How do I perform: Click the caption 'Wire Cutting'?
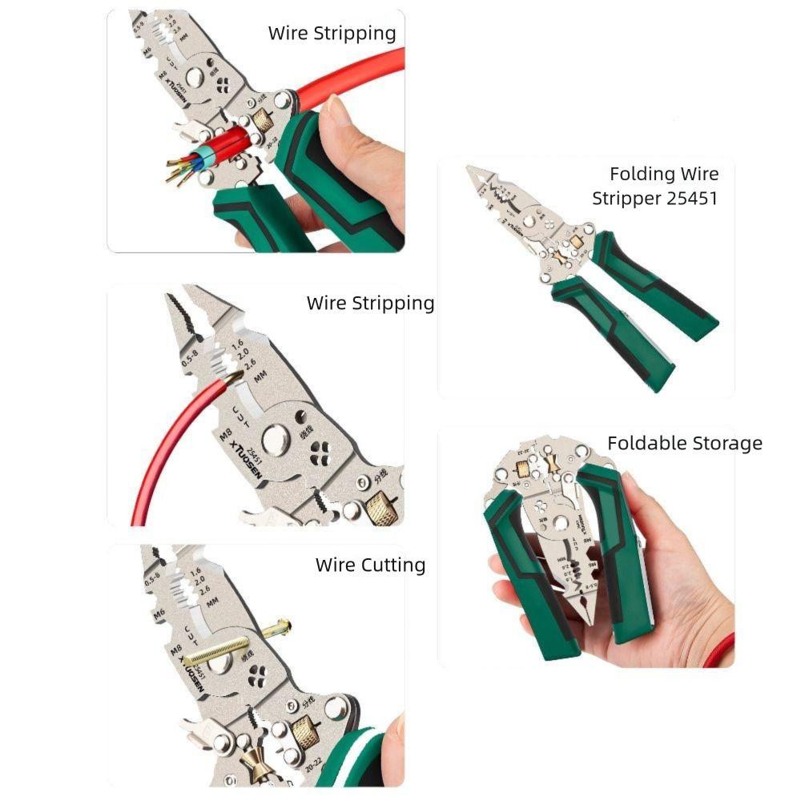click(x=370, y=565)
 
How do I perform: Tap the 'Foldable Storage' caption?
click(x=684, y=443)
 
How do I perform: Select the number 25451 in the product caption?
click(x=692, y=198)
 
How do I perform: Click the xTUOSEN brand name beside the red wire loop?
click(x=244, y=453)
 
